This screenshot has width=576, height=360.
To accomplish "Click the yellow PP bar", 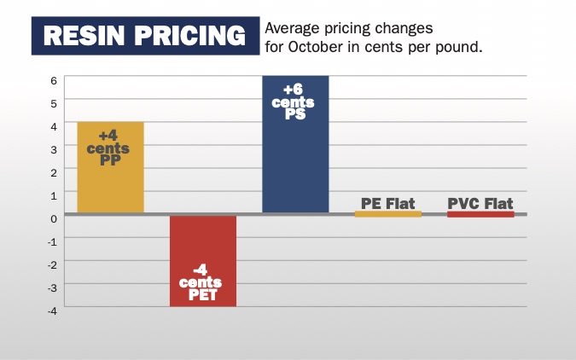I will [110, 183].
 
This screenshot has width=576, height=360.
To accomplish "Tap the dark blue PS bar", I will [295, 162].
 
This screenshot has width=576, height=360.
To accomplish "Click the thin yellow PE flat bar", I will [388, 214].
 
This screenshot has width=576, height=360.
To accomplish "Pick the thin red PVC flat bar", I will [480, 214].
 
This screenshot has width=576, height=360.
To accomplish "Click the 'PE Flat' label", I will [388, 203].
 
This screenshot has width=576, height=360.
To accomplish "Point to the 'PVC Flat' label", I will [480, 203].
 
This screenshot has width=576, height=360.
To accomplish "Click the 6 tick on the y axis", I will [53, 80].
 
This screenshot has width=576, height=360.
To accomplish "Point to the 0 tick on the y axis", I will [53, 218].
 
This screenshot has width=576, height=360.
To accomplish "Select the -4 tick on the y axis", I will [51, 311].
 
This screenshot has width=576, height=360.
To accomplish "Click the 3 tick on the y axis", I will [53, 149].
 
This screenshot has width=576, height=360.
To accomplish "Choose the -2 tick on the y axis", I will [51, 264].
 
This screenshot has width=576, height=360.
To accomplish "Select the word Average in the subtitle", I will [296, 27].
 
